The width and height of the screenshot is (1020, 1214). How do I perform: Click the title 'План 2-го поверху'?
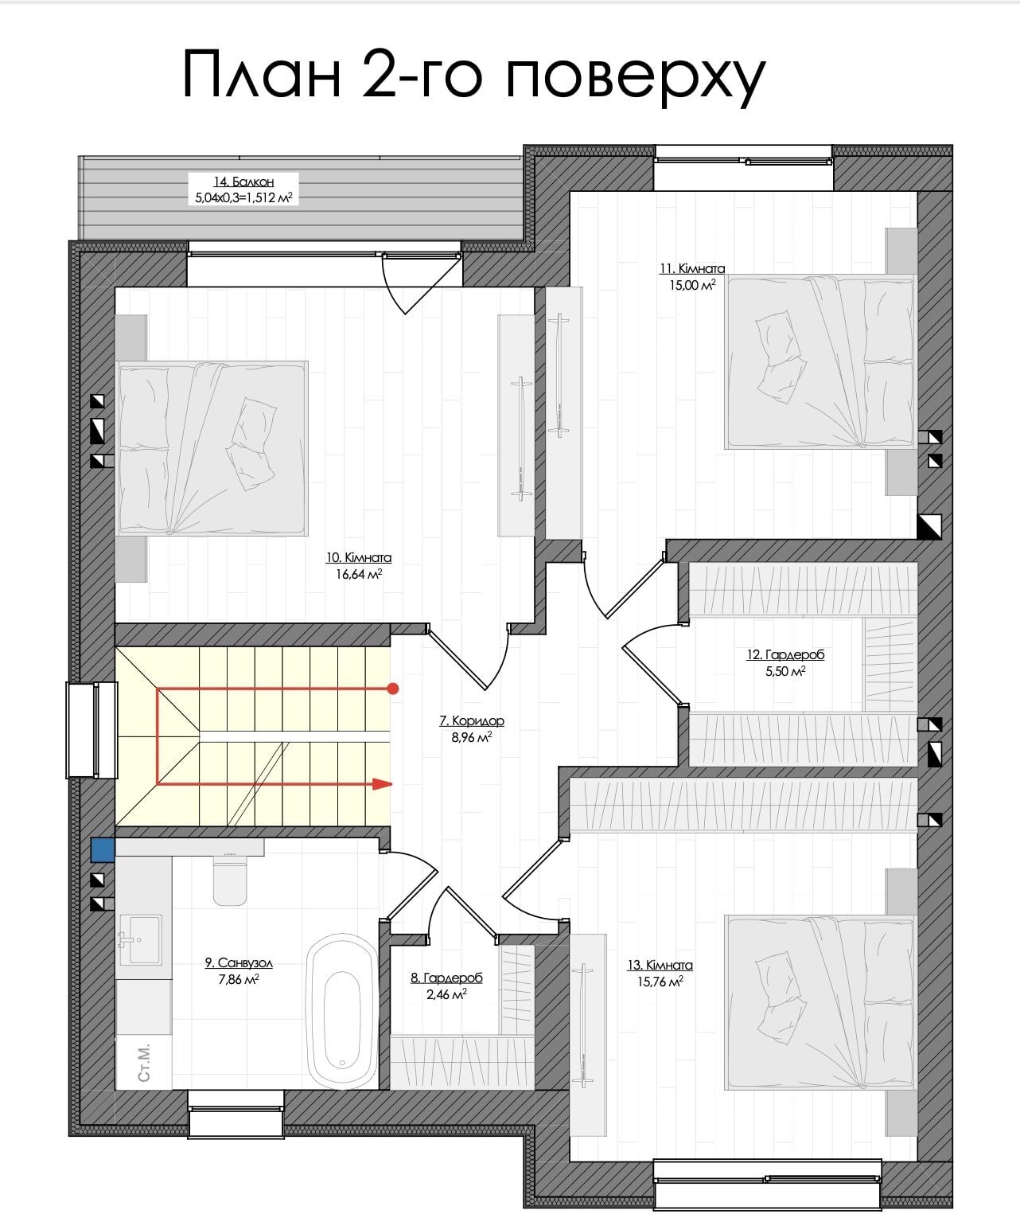[473, 76]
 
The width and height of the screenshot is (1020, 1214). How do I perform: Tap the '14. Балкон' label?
[243, 182]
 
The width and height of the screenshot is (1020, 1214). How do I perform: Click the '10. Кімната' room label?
[359, 557]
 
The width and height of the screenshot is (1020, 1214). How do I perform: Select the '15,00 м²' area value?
[692, 285]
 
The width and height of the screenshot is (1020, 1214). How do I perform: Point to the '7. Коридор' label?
[471, 721]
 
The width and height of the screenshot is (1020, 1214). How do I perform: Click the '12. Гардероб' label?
[785, 654]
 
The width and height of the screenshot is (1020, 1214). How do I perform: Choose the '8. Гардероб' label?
[446, 978]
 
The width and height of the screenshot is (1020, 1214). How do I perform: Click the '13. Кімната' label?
[660, 965]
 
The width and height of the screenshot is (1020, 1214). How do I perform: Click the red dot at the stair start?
[393, 689]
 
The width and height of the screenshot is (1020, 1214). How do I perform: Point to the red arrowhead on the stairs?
[382, 784]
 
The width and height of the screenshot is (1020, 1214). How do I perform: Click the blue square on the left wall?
[103, 849]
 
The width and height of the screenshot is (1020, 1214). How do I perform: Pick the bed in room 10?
[212, 448]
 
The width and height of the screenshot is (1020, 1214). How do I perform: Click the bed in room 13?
[820, 1004]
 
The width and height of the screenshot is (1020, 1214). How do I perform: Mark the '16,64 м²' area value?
[359, 575]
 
